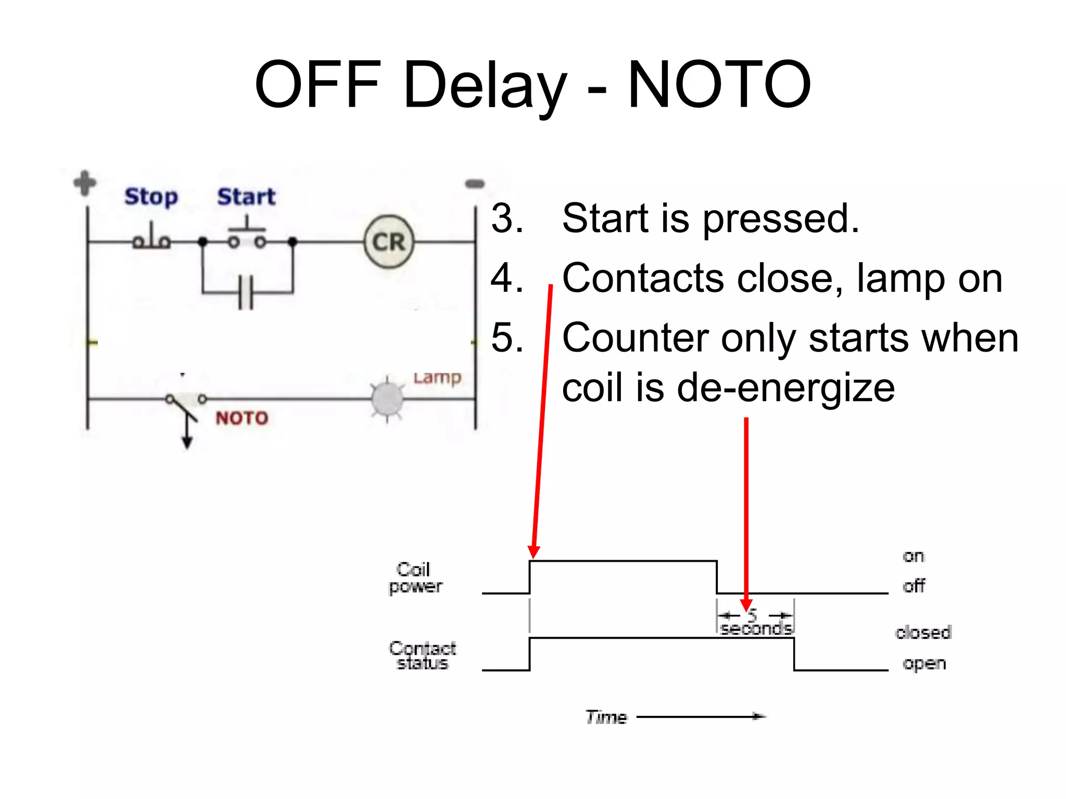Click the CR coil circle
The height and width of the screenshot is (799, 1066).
point(389,242)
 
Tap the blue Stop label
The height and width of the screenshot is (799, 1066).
point(151,197)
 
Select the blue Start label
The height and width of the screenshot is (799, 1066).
point(246,197)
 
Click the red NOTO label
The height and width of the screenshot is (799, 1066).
point(242,418)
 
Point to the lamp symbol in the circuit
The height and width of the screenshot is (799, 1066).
point(387,399)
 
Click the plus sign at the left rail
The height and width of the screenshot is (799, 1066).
point(85,183)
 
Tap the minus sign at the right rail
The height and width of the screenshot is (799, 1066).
point(475,184)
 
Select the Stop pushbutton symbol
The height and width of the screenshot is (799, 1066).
point(151,238)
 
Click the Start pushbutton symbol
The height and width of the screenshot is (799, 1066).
point(247,237)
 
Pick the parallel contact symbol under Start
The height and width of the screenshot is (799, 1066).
point(246,292)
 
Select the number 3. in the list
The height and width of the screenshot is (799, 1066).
point(507,218)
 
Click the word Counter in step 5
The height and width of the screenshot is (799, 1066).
point(635,338)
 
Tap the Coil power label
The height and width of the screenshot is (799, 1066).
point(415,578)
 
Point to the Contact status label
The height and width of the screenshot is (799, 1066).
point(422,655)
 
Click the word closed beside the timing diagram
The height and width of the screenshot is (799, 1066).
point(923,633)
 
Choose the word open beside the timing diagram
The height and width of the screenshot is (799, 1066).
point(924,664)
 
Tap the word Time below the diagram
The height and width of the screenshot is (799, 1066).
point(606,717)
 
